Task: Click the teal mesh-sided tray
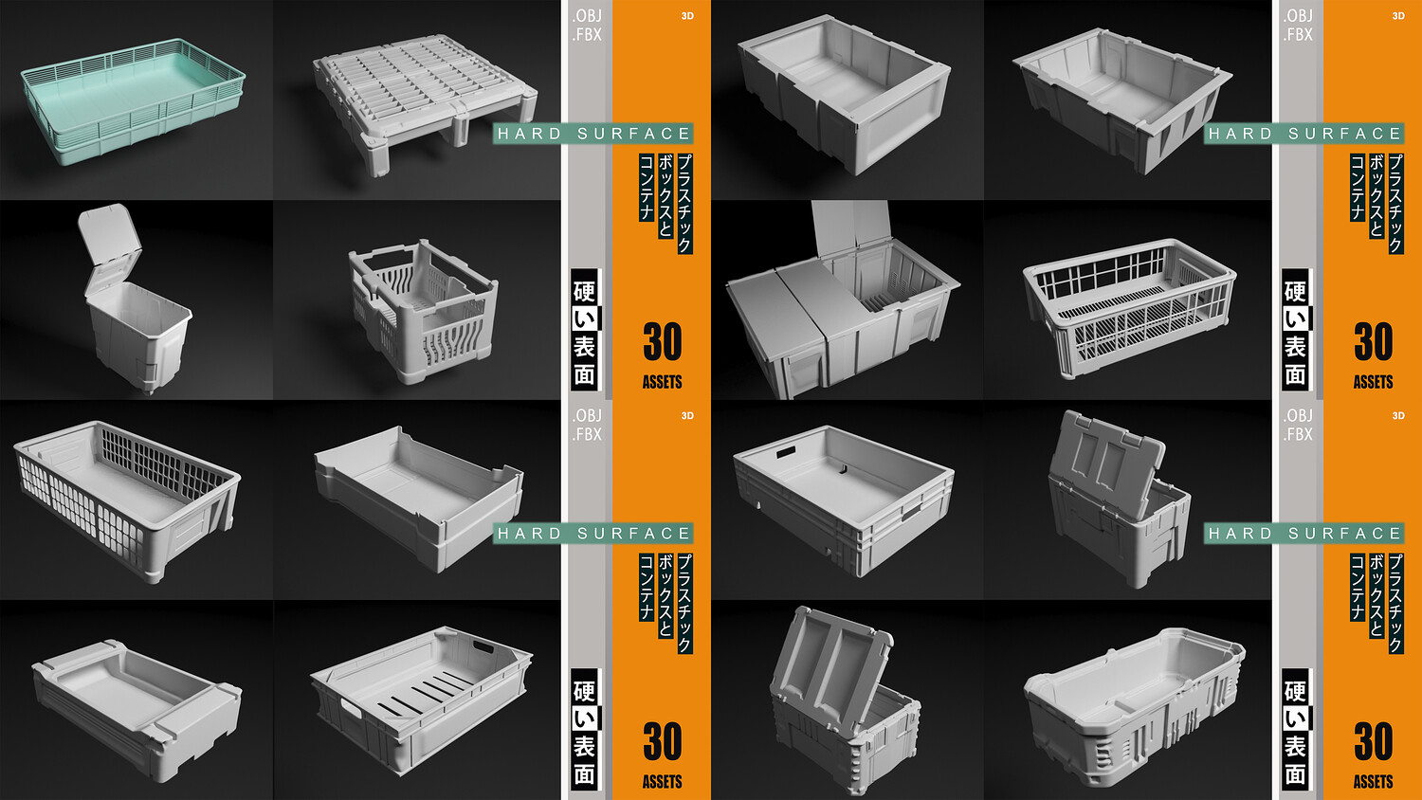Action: (x=134, y=101)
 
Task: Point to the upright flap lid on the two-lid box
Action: (x=850, y=228)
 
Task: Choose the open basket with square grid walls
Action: (x=1130, y=308)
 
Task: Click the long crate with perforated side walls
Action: (x=127, y=499)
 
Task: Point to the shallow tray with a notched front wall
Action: (x=419, y=499)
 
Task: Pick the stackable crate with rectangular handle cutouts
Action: (x=845, y=499)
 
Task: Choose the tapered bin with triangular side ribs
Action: (x=1122, y=99)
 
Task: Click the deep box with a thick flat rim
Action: (x=845, y=92)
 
